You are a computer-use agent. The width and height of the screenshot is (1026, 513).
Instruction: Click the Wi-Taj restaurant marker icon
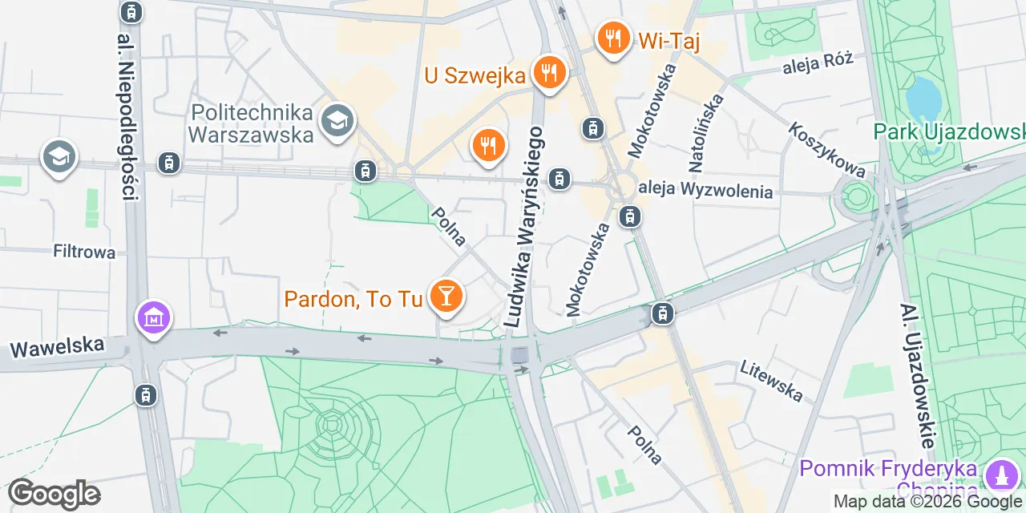(613, 37)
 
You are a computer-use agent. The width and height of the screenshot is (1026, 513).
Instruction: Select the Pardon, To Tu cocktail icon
(445, 297)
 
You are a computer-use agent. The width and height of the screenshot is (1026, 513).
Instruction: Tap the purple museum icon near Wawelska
(153, 318)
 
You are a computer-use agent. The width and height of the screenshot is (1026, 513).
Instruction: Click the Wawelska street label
(57, 347)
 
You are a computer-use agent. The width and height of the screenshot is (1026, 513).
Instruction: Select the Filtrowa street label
(84, 252)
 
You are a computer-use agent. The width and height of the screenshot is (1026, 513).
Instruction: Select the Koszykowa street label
(826, 150)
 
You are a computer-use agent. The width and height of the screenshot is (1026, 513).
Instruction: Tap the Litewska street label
(771, 380)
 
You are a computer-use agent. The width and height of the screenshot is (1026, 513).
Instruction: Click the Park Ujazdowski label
(949, 131)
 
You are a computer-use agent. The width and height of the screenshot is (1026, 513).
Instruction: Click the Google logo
(54, 494)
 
